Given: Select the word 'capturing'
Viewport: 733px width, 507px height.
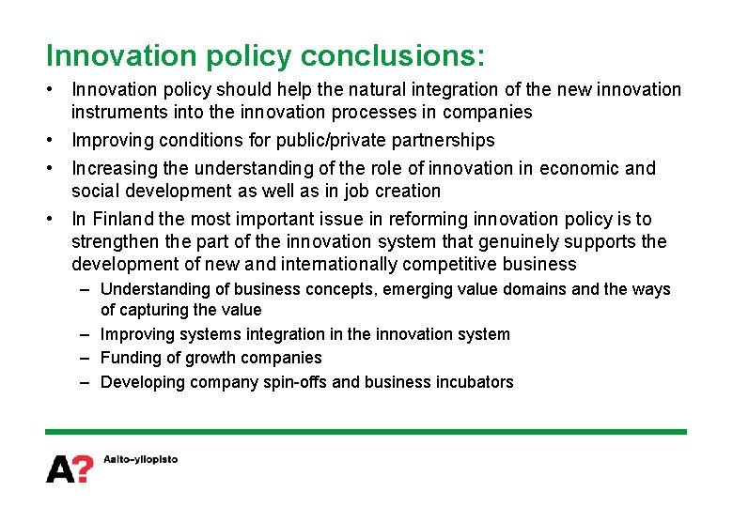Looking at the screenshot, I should pos(155,310).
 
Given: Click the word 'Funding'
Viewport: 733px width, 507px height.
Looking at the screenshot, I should pos(130,358).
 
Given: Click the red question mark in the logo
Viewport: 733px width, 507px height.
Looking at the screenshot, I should pos(84,468).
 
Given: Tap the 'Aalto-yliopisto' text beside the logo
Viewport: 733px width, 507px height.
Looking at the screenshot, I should pos(139,460).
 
